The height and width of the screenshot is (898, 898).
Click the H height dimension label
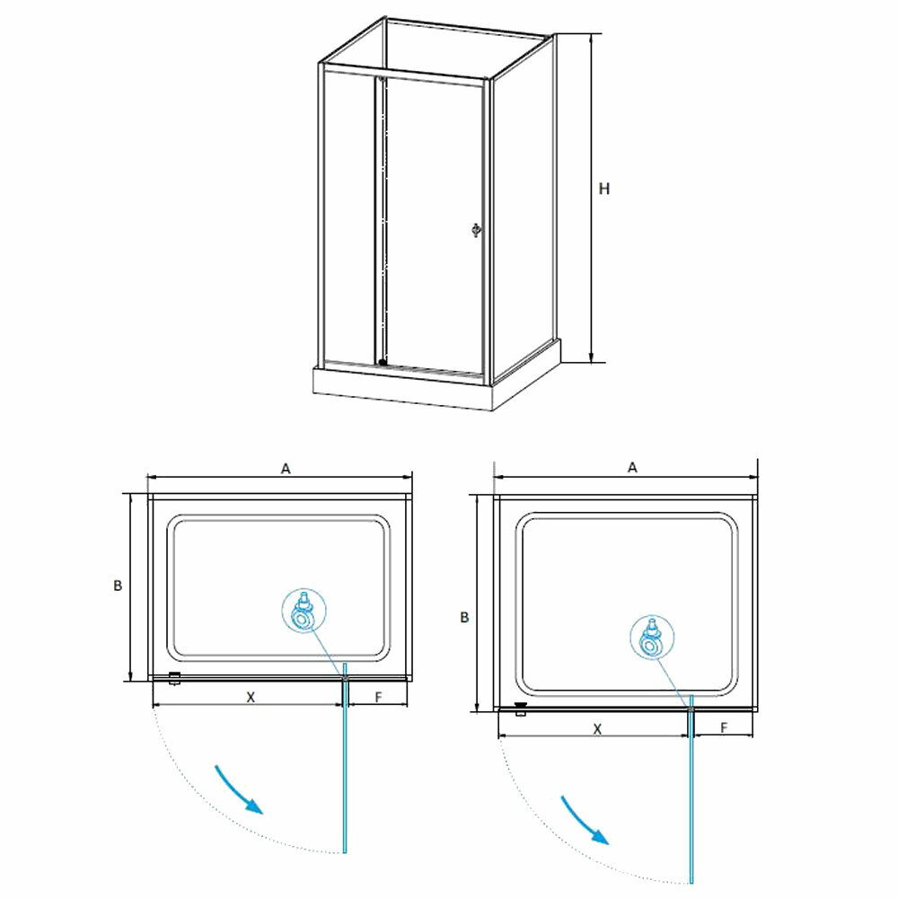tap(604, 189)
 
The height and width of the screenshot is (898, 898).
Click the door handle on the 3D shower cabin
tap(476, 231)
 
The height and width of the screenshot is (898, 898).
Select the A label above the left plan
tap(286, 468)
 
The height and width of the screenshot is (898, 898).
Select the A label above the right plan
tap(632, 467)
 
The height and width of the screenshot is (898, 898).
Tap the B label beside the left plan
tap(117, 585)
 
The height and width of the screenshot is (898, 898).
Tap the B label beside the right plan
tap(463, 617)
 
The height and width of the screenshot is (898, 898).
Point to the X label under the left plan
tap(251, 697)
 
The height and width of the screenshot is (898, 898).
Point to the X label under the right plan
tap(597, 729)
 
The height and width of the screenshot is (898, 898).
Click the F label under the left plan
tap(378, 697)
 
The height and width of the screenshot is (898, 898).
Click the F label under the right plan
tap(724, 728)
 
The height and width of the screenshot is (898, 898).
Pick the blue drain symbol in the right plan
tap(651, 639)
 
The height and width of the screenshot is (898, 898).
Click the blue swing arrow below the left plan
tap(239, 788)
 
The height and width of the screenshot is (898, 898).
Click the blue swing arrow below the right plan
tap(585, 819)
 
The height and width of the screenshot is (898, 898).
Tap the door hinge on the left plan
tap(175, 679)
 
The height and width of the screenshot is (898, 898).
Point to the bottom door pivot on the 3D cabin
tap(383, 363)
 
